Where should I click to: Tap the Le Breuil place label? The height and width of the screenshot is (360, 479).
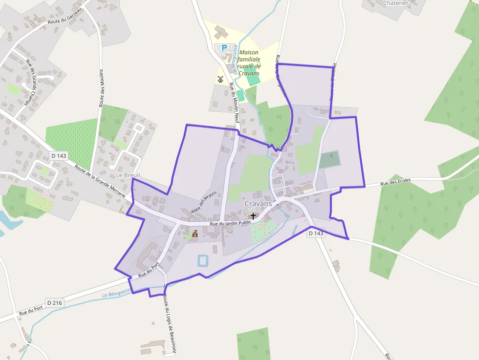(x=128, y=175)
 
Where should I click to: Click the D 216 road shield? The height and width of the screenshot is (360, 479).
(x=54, y=303)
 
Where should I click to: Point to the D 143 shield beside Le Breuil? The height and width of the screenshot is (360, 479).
(x=58, y=156)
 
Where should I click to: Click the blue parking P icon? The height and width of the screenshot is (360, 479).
(x=224, y=48)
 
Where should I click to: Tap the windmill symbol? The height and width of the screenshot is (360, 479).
(x=220, y=79)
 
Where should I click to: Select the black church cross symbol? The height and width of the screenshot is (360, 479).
(x=253, y=216)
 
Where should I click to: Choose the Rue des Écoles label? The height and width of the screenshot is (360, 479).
(x=395, y=182)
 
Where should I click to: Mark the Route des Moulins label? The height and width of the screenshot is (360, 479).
(x=101, y=88)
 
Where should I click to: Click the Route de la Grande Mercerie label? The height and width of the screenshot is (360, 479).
(x=103, y=183)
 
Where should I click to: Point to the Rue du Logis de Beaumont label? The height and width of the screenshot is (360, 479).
(x=169, y=322)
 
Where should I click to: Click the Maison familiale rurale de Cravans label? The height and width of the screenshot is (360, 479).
(x=249, y=63)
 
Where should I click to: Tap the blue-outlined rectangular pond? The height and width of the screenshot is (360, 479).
(x=202, y=260)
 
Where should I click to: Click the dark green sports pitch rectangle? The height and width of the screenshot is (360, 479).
(x=329, y=159)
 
